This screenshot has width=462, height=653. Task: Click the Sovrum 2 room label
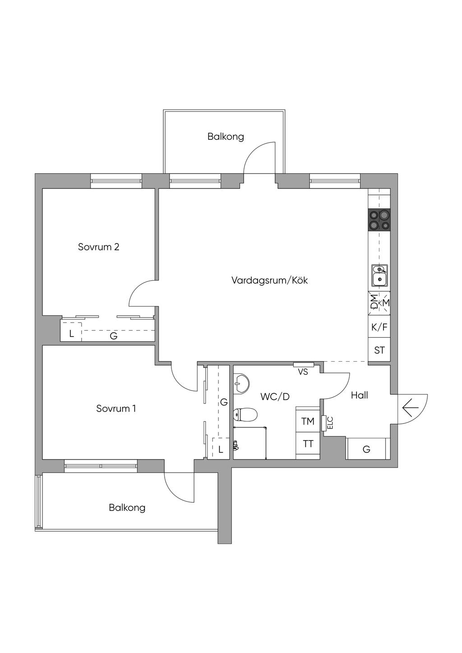[99, 247]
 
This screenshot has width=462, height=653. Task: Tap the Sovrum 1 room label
[116, 409]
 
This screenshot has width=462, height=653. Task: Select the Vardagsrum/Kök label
[270, 281]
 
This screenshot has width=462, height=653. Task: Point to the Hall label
[359, 395]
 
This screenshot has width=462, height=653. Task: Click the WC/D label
[275, 397]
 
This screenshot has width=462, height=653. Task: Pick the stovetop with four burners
[379, 220]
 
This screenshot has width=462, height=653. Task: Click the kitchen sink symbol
[379, 276]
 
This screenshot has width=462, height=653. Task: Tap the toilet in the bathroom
[245, 414]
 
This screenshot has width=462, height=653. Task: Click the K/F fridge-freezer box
[379, 327]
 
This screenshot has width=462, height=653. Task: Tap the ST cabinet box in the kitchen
[379, 350]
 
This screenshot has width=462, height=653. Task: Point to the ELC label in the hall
[330, 423]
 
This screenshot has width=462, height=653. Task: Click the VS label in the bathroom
[303, 372]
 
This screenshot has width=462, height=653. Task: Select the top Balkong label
[226, 137]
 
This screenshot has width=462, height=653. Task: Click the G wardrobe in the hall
[366, 449]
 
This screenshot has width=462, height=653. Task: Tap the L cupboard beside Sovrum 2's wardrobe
[71, 334]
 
